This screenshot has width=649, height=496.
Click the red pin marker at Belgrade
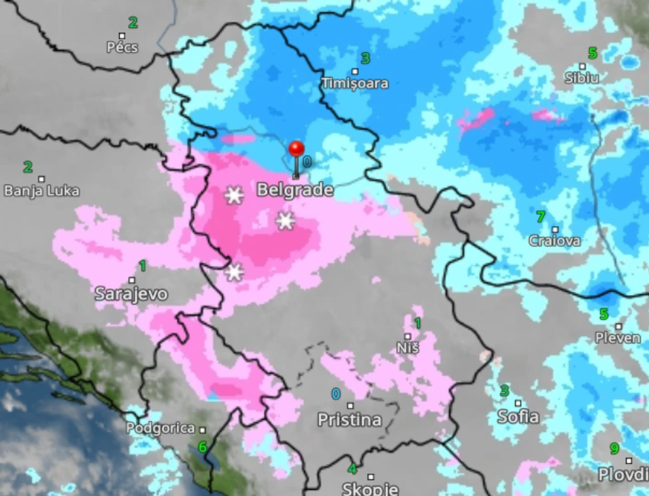click(296, 150)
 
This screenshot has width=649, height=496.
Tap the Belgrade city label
click(295, 190)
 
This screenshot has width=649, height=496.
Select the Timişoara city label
click(354, 83)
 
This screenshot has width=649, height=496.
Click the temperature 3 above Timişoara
click(365, 58)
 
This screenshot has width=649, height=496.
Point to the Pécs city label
click(122, 47)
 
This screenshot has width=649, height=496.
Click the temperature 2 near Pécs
click(133, 23)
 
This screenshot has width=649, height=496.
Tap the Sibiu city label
click(581, 77)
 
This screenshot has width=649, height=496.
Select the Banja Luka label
click(41, 190)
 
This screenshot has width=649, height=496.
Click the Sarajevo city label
click(131, 293)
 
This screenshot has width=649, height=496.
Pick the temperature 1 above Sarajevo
click(142, 265)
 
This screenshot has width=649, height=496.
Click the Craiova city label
click(554, 241)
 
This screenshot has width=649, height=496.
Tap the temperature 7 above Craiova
click(541, 217)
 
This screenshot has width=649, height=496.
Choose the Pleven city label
click(618, 338)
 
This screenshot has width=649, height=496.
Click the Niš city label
click(408, 348)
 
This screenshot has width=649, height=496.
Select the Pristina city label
click(350, 420)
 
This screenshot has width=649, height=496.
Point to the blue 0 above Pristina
click(336, 394)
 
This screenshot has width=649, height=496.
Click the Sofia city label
click(518, 417)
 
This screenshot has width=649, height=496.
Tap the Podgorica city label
click(161, 429)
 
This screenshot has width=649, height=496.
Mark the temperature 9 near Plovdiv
click(614, 449)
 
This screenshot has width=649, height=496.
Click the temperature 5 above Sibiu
click(592, 53)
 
